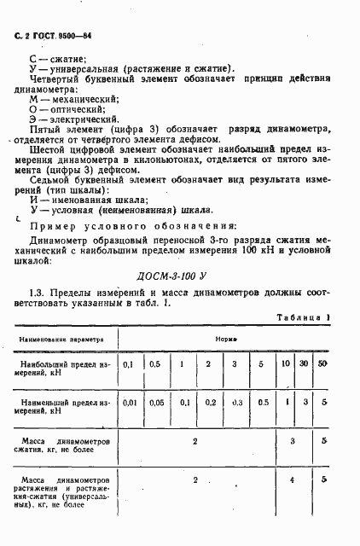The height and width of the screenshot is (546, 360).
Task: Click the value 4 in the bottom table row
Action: [293, 482]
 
